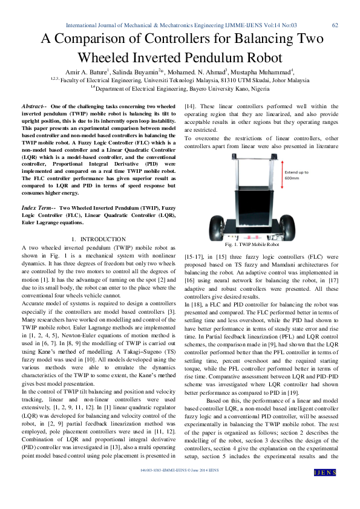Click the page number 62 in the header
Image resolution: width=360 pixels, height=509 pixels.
pyautogui.click(x=335, y=25)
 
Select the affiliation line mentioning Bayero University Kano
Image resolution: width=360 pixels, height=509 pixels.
pyautogui.click(x=180, y=88)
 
